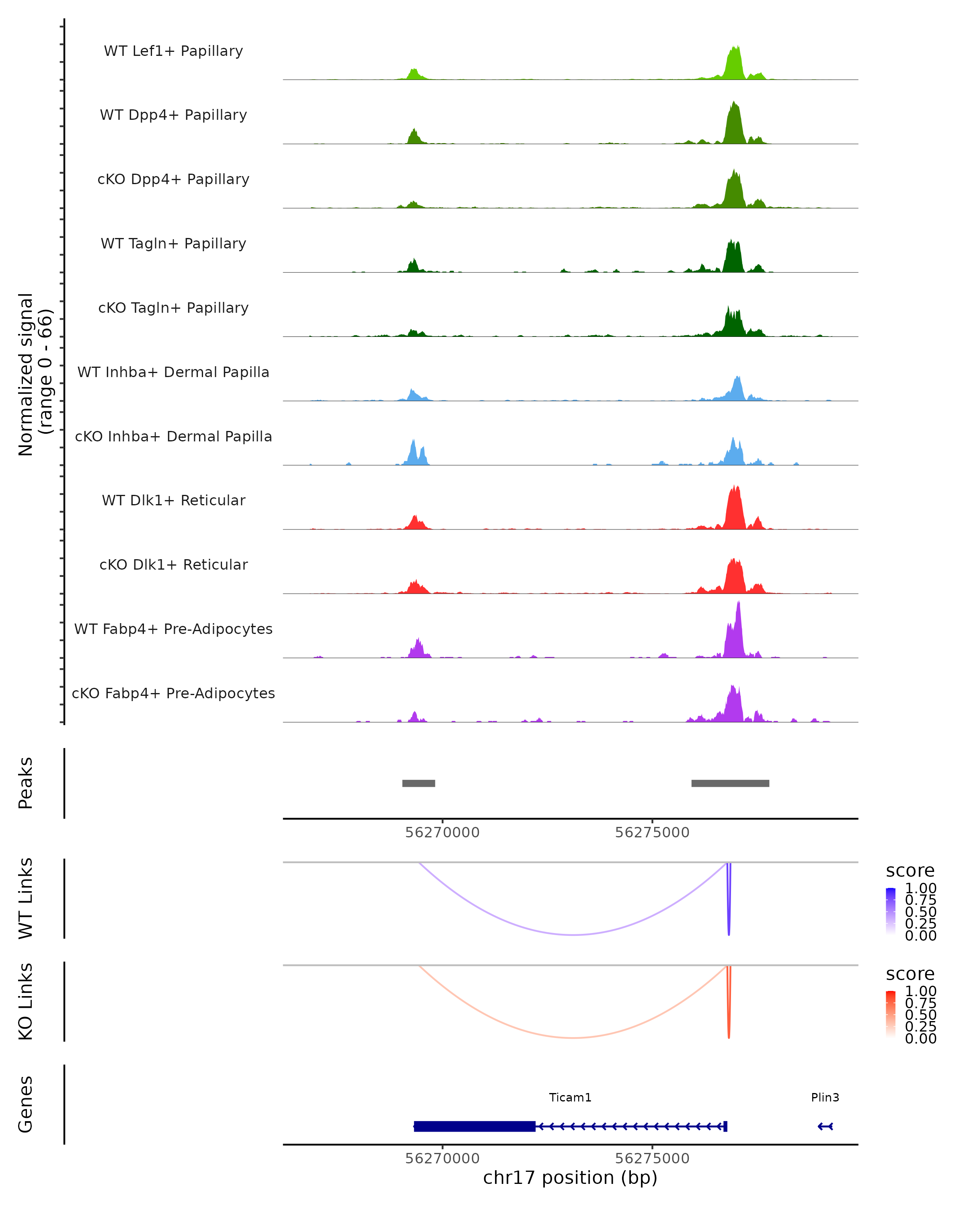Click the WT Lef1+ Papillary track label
(173, 51)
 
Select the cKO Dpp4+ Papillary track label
(173, 179)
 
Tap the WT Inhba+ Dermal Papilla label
(173, 372)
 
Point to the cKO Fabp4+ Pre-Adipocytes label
(173, 693)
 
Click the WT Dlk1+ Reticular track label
(173, 500)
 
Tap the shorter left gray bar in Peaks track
(419, 783)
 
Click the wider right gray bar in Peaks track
(730, 783)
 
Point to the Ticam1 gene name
(570, 1097)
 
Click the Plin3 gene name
(825, 1097)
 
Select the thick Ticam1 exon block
(474, 1126)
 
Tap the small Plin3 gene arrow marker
(825, 1126)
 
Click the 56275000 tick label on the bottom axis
(652, 1159)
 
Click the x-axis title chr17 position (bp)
(570, 1177)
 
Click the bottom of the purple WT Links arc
(573, 934)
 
